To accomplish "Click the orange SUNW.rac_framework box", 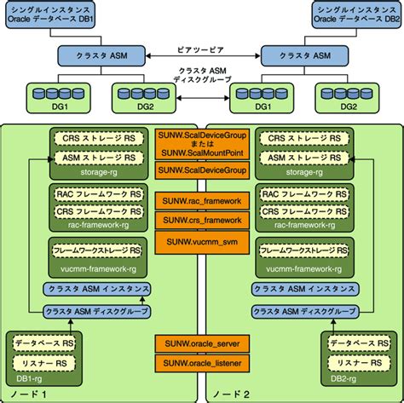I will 202,202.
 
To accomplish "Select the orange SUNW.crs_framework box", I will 202,221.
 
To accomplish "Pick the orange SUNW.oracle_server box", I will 202,343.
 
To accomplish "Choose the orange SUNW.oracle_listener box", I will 202,364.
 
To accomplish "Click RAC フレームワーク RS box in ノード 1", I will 89,195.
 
